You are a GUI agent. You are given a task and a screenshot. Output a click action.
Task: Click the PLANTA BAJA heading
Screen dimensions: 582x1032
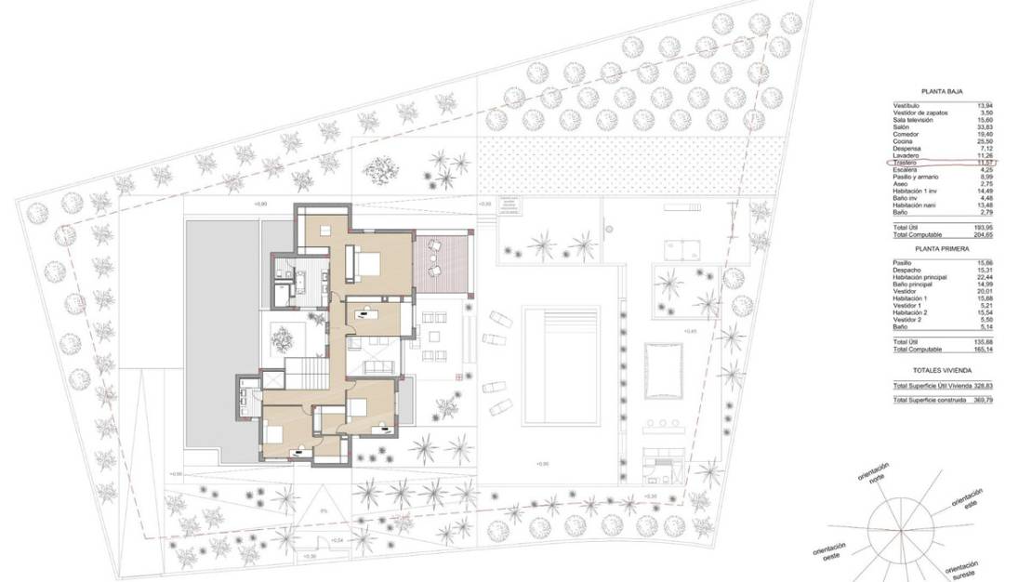(941, 92)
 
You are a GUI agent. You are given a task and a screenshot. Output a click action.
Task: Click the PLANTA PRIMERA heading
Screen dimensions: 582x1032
(941, 249)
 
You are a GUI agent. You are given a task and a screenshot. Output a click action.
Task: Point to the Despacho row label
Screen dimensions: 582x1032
(907, 271)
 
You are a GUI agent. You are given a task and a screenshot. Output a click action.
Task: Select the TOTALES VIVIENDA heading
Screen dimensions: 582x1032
(941, 369)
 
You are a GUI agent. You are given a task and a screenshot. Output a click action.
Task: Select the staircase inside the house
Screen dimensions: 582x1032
(306, 373)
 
